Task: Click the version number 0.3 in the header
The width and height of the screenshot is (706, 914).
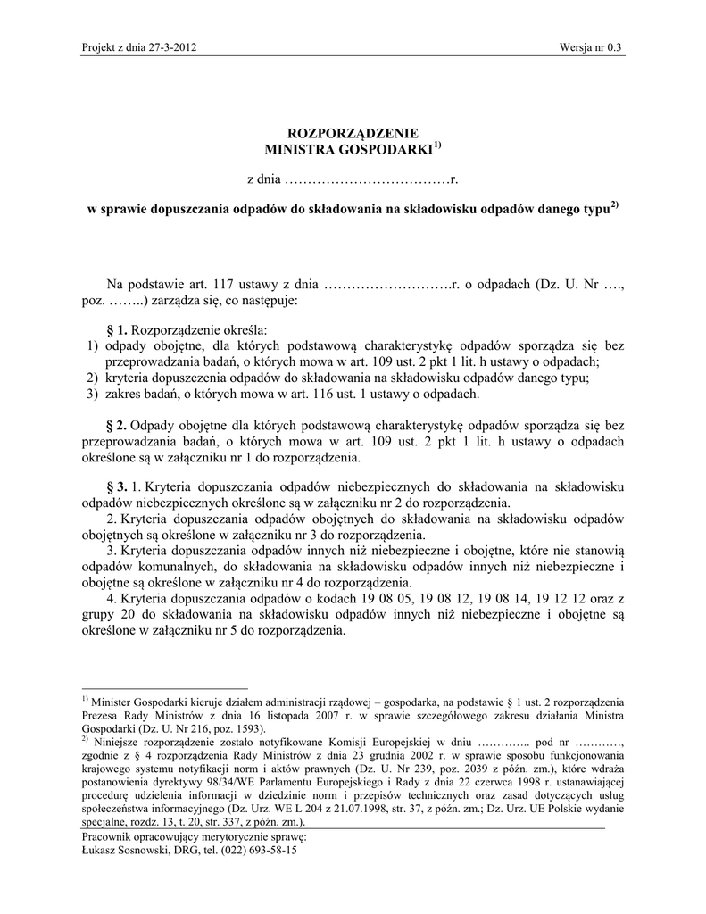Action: coord(614,47)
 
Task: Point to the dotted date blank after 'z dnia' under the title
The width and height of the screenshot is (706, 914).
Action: coord(366,180)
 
